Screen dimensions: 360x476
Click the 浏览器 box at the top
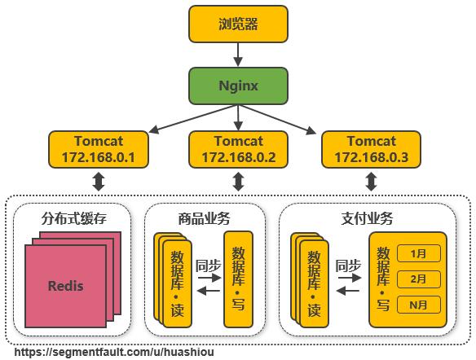click(x=238, y=24)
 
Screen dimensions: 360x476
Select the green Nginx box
click(x=238, y=85)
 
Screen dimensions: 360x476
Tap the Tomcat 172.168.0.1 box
click(x=99, y=148)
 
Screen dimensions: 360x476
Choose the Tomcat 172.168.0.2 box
click(x=239, y=148)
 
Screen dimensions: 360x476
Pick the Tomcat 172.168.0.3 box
click(x=371, y=148)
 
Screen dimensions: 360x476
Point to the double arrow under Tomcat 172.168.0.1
click(x=99, y=181)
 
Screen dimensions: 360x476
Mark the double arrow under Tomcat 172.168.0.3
click(x=371, y=181)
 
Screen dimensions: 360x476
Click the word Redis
click(x=65, y=286)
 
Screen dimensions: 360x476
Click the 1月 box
click(x=418, y=253)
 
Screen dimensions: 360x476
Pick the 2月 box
click(x=418, y=279)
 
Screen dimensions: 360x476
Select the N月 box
click(x=418, y=305)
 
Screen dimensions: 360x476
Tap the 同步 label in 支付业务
click(x=348, y=265)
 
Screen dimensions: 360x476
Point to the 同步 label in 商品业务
click(x=209, y=265)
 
